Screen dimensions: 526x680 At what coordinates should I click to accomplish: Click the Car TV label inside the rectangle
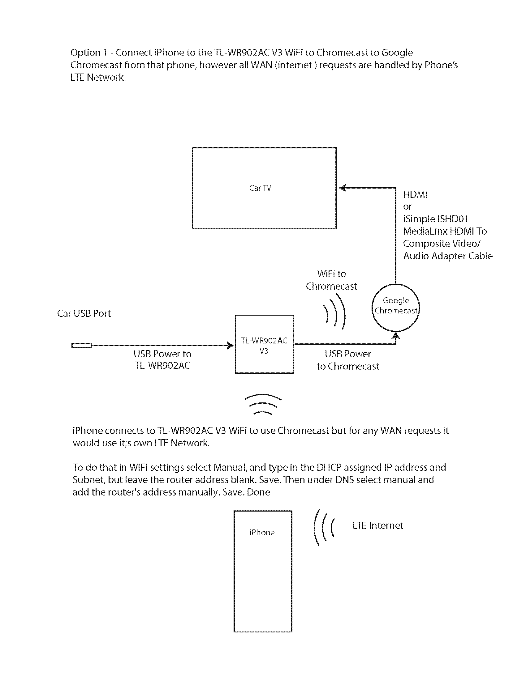pyautogui.click(x=260, y=188)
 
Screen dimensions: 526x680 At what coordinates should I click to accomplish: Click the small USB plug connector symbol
pyautogui.click(x=81, y=345)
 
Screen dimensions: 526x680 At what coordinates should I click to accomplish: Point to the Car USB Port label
pyautogui.click(x=84, y=313)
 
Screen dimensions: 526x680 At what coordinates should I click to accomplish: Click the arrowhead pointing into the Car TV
pyautogui.click(x=342, y=188)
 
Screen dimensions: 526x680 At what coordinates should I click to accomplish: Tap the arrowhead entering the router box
pyautogui.click(x=231, y=345)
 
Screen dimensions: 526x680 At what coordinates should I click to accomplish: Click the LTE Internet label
pyautogui.click(x=378, y=525)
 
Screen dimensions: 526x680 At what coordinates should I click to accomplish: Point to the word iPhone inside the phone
pyautogui.click(x=262, y=533)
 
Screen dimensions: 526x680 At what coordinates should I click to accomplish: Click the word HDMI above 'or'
pyautogui.click(x=415, y=195)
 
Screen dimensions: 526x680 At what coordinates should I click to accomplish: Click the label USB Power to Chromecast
pyautogui.click(x=348, y=360)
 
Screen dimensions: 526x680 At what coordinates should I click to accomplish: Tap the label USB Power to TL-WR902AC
pyautogui.click(x=162, y=359)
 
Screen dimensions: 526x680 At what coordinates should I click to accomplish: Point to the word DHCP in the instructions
pyautogui.click(x=329, y=467)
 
